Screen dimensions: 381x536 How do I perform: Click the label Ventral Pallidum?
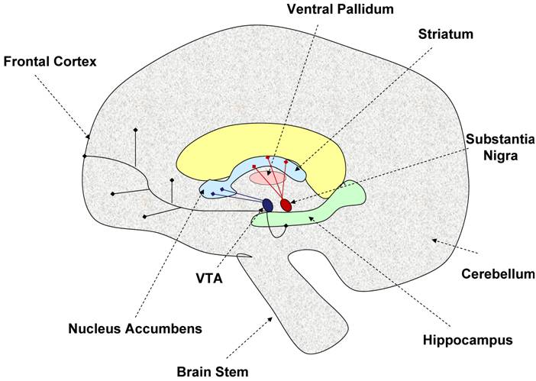coord(339,10)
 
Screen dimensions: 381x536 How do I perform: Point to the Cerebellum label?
coord(493,273)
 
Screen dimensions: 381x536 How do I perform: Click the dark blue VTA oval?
coord(267,205)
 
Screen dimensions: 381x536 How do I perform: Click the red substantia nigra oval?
coord(286,205)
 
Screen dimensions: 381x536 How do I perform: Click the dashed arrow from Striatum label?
coord(359,107)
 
